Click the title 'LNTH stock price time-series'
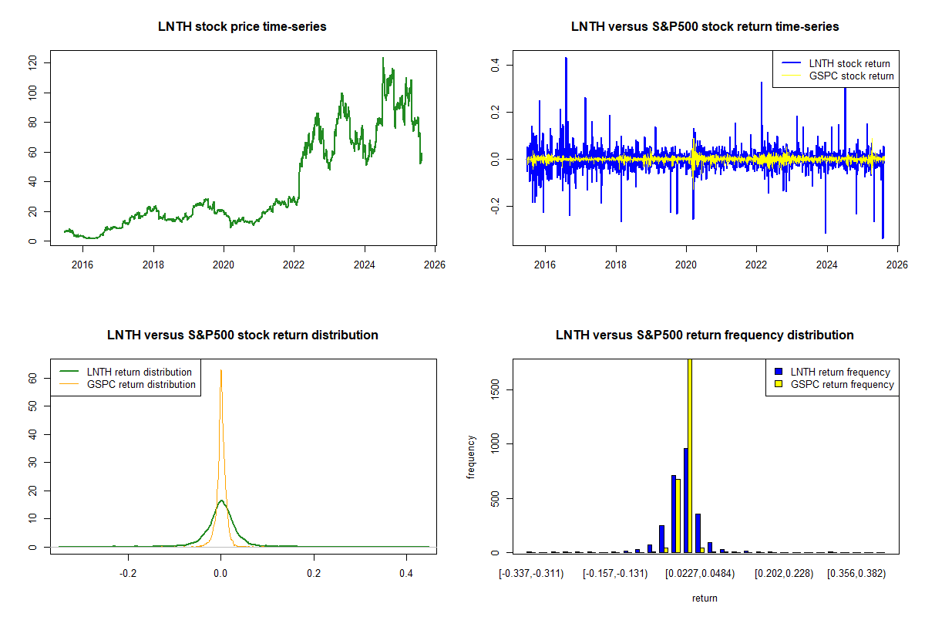point(242,26)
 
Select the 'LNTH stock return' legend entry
point(849,63)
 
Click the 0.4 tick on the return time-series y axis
point(496,65)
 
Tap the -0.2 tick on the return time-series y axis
point(496,206)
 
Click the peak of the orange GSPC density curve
point(221,370)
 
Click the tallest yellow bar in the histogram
point(689,455)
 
